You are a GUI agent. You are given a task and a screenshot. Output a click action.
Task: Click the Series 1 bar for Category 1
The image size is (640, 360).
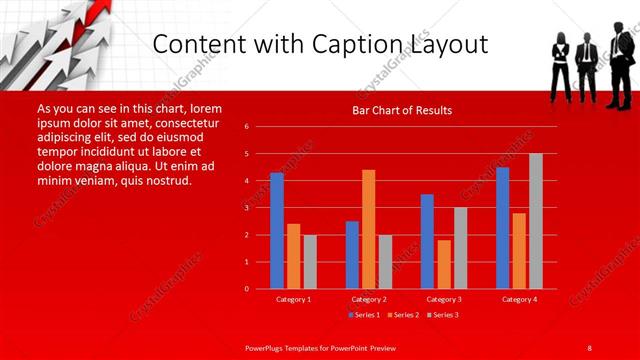(x=277, y=231)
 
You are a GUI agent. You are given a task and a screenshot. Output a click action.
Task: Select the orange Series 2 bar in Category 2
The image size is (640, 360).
(x=369, y=229)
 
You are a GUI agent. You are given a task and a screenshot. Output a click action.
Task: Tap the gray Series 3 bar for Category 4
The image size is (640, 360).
(x=536, y=221)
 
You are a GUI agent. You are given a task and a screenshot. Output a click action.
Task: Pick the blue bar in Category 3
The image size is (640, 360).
(x=427, y=241)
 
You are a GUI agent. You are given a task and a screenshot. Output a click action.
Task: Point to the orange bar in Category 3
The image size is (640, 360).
(x=444, y=264)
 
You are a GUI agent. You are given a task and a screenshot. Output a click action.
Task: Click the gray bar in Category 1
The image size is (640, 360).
(x=310, y=262)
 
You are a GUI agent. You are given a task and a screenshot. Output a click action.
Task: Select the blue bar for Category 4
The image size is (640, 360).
(x=503, y=228)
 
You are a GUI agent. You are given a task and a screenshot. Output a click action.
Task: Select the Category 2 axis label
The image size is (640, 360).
(x=369, y=299)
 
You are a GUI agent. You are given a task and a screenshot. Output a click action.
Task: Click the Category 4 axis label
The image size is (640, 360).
(x=519, y=299)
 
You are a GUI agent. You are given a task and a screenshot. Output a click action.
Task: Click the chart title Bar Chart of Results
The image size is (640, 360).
(x=402, y=110)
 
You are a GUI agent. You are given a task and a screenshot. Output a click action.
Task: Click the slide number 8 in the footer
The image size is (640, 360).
(x=589, y=347)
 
